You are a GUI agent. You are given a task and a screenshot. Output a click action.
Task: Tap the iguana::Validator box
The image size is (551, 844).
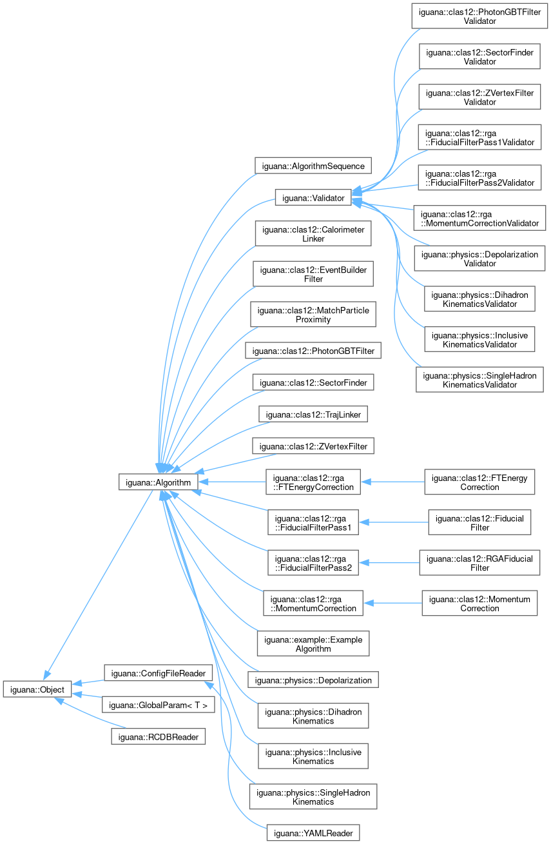click(313, 197)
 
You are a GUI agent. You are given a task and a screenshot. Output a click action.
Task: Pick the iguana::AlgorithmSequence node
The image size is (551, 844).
click(313, 166)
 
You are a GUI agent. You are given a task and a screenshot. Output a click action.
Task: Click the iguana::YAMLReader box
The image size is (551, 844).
click(313, 832)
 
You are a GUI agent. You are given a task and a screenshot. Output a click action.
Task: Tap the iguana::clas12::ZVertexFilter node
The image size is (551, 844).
click(313, 446)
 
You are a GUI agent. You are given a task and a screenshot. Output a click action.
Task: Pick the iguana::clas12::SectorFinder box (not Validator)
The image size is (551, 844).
click(313, 382)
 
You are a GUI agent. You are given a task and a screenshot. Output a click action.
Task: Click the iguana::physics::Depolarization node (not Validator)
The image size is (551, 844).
click(313, 680)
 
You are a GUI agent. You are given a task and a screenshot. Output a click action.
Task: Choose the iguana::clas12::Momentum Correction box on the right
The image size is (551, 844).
click(479, 604)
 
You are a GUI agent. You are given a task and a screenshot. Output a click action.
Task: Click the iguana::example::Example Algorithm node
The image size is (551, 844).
click(313, 643)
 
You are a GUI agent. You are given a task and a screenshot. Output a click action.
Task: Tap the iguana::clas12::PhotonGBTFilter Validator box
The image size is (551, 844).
click(479, 16)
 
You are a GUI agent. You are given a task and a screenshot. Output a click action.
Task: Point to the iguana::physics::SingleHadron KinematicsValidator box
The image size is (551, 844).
click(479, 380)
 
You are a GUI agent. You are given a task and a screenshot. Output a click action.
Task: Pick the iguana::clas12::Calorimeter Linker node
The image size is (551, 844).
click(313, 233)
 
